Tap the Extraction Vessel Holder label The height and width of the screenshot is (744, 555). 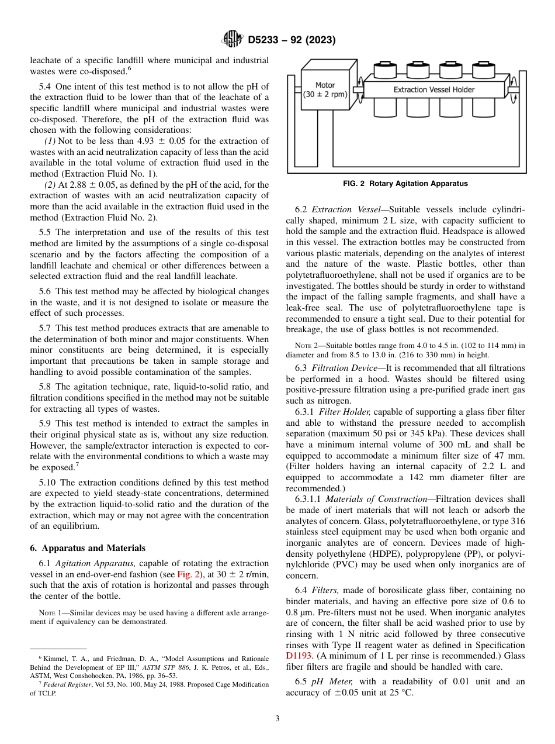[433, 89]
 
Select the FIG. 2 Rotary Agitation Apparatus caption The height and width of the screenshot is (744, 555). [405, 184]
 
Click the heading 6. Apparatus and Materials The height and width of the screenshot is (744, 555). [88, 548]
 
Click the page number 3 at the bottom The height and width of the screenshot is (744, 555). [277, 719]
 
